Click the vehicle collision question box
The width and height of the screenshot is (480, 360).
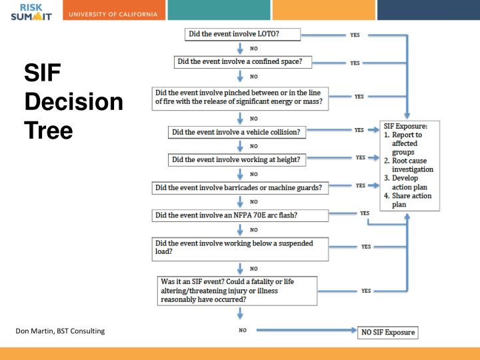pyautogui.click(x=237, y=132)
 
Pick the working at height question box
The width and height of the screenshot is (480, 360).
pyautogui.click(x=237, y=159)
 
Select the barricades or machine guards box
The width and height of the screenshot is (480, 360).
pyautogui.click(x=241, y=188)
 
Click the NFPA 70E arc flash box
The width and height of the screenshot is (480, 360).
pyautogui.click(x=241, y=215)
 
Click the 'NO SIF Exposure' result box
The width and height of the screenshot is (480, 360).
pyautogui.click(x=387, y=332)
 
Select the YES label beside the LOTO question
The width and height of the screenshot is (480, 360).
pyautogui.click(x=355, y=35)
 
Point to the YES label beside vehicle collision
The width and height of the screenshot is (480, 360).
pyautogui.click(x=359, y=130)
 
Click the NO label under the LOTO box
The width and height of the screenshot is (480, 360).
pyautogui.click(x=254, y=48)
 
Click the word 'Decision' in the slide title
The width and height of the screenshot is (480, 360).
pyautogui.click(x=73, y=103)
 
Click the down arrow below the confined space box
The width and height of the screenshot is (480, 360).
pyautogui.click(x=240, y=76)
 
